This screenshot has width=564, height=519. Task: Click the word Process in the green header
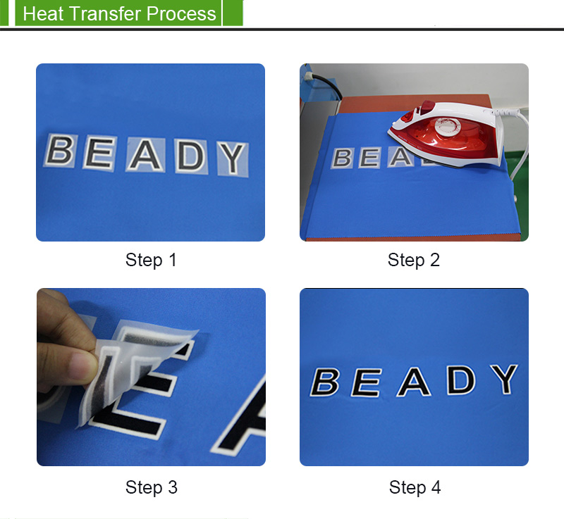[181, 13]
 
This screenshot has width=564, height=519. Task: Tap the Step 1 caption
[151, 260]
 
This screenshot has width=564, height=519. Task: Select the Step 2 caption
[414, 260]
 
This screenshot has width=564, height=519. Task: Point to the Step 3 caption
[152, 487]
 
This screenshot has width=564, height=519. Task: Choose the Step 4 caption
[415, 487]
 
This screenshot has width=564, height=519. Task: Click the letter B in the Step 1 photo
[60, 150]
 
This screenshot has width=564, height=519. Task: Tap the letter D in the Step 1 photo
[191, 155]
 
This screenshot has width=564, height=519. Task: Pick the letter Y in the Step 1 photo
[232, 158]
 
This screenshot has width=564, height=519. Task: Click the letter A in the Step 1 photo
[146, 154]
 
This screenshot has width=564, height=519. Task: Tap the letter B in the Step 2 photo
[343, 158]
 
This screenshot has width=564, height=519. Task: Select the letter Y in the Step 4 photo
[504, 379]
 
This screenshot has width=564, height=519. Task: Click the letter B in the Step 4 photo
[324, 382]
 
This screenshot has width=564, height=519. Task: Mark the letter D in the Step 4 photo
[461, 380]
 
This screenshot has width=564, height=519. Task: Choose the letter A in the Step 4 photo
[414, 382]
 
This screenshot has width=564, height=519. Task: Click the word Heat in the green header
[44, 13]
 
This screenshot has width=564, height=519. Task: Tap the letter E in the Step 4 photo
[366, 382]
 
